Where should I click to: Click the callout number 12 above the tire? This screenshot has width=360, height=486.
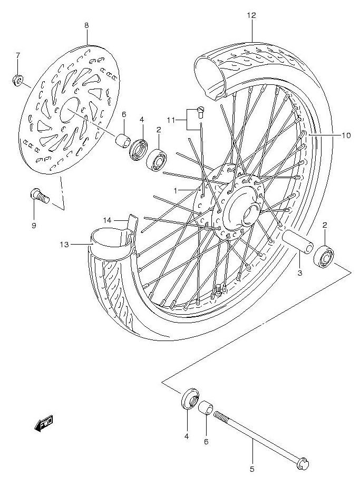[251, 15]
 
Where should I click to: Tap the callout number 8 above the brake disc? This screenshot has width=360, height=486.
[86, 25]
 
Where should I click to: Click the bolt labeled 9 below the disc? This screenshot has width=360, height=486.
[40, 196]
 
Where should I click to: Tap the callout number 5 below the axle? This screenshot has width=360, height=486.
[252, 470]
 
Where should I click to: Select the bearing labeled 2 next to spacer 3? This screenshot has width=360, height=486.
[324, 256]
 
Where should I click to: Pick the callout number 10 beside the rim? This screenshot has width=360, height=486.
[346, 135]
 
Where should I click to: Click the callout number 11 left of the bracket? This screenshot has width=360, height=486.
[171, 120]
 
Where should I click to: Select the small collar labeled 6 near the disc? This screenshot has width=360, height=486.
[122, 140]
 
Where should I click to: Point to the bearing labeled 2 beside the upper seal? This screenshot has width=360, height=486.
[157, 159]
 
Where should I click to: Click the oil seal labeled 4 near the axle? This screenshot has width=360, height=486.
[190, 398]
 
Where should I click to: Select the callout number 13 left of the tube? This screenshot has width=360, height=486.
[64, 245]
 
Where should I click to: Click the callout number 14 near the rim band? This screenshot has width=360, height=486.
[107, 220]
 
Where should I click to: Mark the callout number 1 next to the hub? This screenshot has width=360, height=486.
[176, 191]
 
